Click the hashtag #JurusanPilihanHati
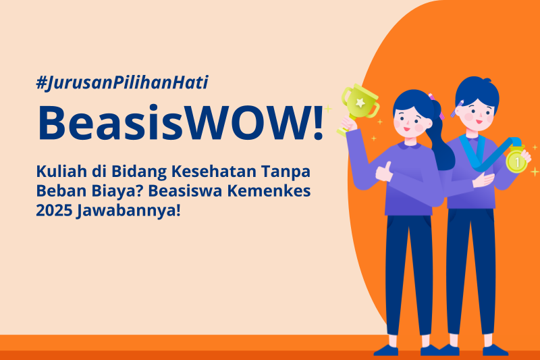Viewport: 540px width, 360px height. (122, 83)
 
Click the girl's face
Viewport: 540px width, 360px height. (411, 122)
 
